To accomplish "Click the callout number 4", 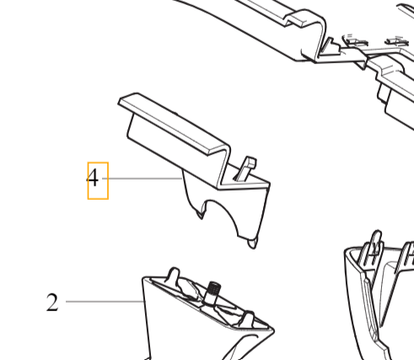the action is tap(93, 178).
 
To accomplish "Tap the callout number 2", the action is tap(52, 302).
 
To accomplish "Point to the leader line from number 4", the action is tap(142, 179).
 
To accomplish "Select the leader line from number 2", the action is tap(105, 302).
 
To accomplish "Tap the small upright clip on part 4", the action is tap(246, 169).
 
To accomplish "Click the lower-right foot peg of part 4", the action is tap(252, 243).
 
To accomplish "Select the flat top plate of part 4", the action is tap(175, 124).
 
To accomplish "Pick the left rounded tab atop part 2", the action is tap(174, 274).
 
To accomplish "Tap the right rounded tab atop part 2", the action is tap(248, 318).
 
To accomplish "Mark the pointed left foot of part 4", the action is tap(201, 215).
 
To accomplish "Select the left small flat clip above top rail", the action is tap(355, 40).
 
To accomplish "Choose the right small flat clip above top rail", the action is tap(397, 41).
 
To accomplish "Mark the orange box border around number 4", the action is tap(88, 180).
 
